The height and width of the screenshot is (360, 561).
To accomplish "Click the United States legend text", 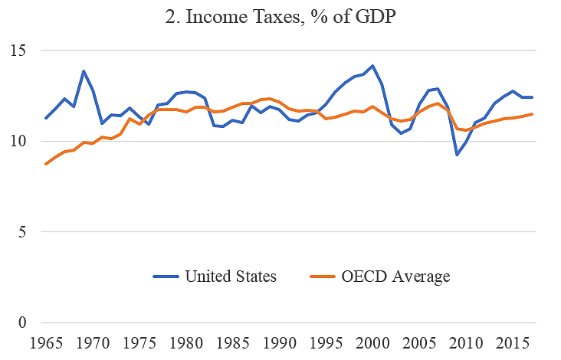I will [231, 276].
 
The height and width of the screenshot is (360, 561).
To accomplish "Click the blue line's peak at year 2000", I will [373, 66].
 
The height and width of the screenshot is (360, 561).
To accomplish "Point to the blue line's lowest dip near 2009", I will [458, 155].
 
